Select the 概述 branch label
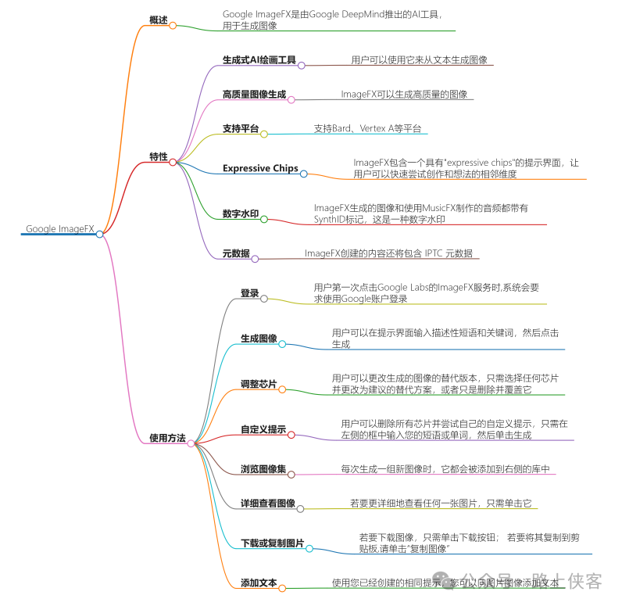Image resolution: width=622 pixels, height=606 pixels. click(159, 20)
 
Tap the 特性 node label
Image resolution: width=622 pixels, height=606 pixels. click(159, 156)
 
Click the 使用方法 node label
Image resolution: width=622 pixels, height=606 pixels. click(167, 438)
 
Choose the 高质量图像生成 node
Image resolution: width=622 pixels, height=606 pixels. click(254, 95)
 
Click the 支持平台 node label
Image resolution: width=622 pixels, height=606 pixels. click(240, 128)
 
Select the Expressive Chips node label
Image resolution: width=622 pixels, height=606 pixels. click(260, 168)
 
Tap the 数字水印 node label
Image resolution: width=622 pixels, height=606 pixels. click(240, 213)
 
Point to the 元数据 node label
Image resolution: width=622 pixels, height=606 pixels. click(236, 253)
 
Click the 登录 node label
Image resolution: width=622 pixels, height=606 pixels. click(249, 293)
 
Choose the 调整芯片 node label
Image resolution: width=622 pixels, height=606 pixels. click(259, 384)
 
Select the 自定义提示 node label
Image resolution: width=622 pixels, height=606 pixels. click(263, 430)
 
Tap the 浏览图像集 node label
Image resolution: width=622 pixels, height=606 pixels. click(263, 469)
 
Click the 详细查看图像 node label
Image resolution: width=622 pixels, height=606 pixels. click(268, 504)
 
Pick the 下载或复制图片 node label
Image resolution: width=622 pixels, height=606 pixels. click(272, 543)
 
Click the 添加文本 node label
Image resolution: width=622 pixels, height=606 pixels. click(259, 583)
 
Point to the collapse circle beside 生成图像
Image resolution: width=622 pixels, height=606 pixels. click(283, 344)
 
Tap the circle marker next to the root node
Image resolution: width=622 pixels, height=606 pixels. click(100, 233)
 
